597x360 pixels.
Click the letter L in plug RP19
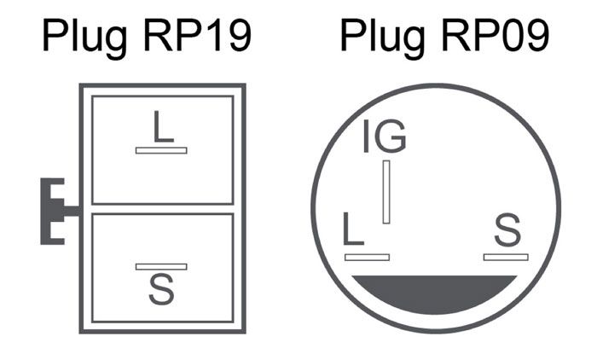tap(162, 128)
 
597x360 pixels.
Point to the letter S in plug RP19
tap(160, 288)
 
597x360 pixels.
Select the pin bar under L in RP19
tap(161, 150)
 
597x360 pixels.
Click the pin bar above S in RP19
tap(161, 266)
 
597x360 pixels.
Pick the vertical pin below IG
tap(386, 192)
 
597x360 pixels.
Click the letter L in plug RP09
tap(353, 231)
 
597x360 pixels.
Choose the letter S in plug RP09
tap(507, 231)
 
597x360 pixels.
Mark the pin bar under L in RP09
tap(366, 257)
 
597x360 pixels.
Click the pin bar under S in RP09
tap(506, 257)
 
